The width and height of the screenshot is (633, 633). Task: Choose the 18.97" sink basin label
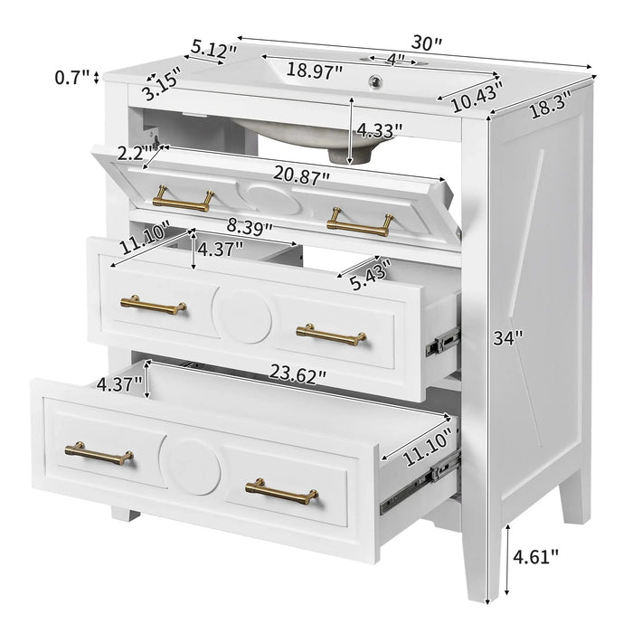pyautogui.click(x=316, y=69)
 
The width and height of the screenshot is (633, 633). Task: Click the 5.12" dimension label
pyautogui.click(x=213, y=47)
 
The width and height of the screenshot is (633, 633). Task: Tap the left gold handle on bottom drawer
pyautogui.click(x=99, y=453)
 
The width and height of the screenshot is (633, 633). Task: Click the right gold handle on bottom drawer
pyautogui.click(x=281, y=491)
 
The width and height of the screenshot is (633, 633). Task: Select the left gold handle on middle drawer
pyautogui.click(x=153, y=305)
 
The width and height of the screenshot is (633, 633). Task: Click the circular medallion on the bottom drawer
pyautogui.click(x=192, y=466)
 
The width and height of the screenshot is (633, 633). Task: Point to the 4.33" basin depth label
pyautogui.click(x=379, y=129)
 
